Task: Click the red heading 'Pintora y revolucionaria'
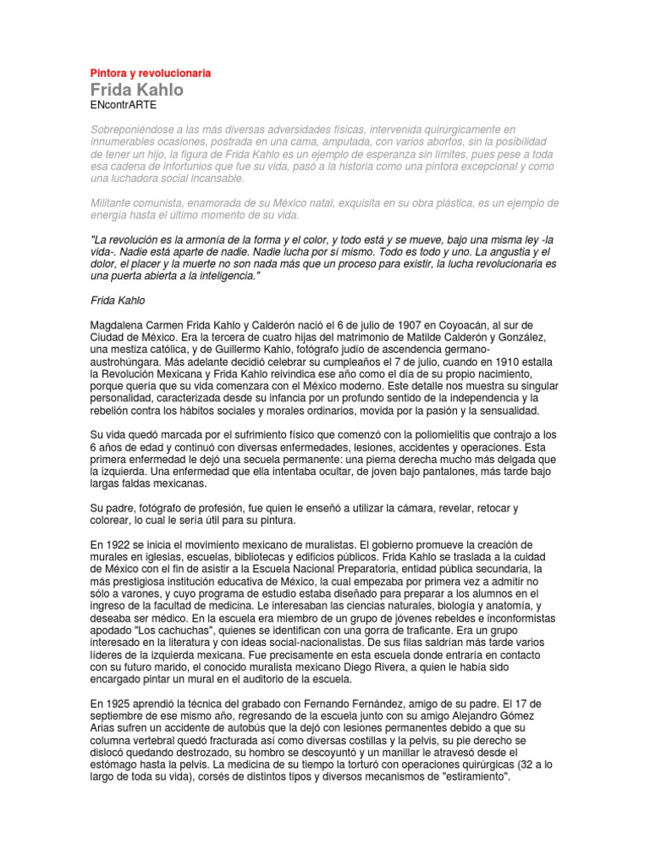click(x=150, y=74)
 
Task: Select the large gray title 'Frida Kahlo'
click(x=136, y=90)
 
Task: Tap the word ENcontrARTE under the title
click(x=123, y=105)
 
